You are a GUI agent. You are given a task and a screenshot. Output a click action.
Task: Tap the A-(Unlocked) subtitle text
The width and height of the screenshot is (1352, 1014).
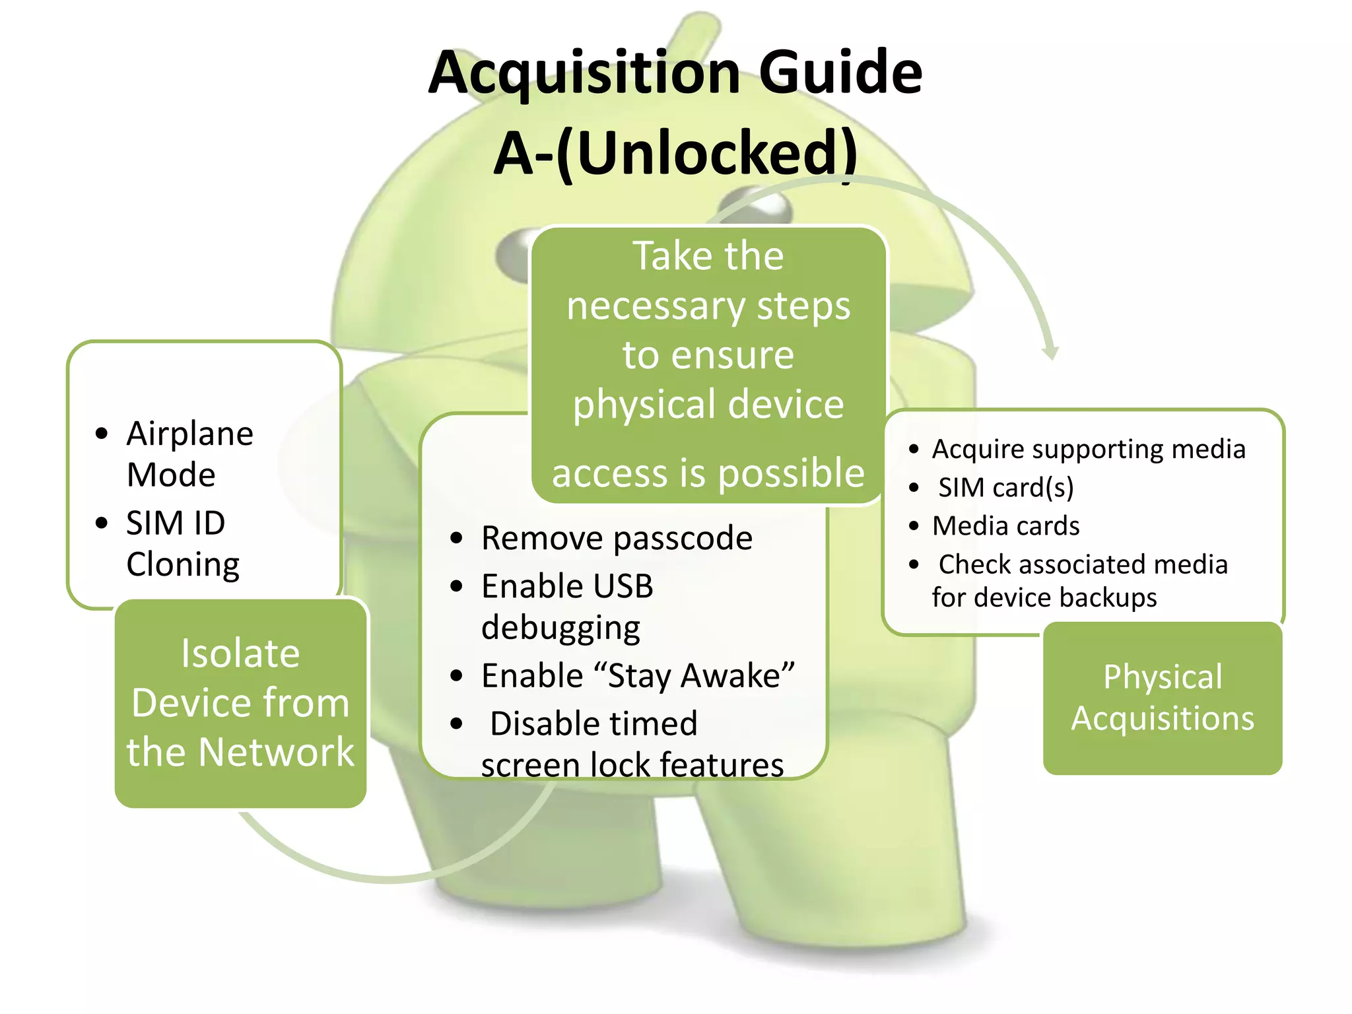coord(675,153)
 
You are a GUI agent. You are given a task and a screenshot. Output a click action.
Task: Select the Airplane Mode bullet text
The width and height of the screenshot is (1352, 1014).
coord(189,454)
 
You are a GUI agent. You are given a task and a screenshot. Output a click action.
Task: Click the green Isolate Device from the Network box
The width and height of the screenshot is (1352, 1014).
coord(240,702)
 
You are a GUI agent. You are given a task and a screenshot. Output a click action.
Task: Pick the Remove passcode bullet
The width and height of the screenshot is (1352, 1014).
coord(617,538)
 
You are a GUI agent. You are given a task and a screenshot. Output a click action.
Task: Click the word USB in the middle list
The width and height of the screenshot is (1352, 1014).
coord(623,586)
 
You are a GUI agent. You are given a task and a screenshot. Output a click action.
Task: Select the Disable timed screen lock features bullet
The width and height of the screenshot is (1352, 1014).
coord(630,744)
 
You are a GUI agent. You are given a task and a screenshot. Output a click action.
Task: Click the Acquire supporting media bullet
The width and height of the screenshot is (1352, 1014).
coord(1088,450)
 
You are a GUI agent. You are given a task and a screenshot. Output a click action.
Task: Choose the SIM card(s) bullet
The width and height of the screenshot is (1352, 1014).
coord(1006,488)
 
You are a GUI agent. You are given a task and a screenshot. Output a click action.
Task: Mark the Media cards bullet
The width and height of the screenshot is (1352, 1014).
coord(1005,526)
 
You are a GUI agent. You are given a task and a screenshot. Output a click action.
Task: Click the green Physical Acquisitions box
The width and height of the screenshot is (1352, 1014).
coord(1163,698)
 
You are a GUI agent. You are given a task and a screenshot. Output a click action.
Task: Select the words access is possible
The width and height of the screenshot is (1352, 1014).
coord(708,473)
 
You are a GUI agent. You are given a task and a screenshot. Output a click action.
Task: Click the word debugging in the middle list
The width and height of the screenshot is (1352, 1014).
coord(560,628)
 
